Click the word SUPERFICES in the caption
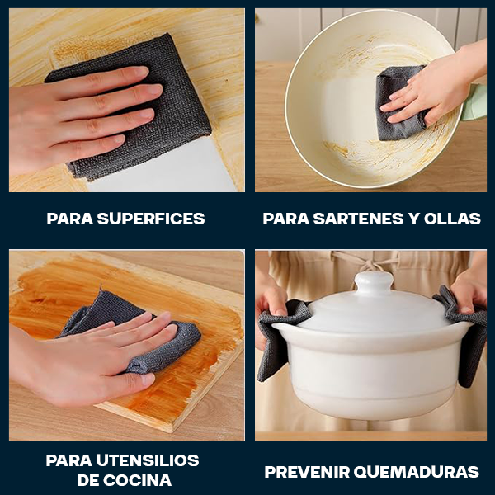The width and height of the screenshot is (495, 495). (x=151, y=219)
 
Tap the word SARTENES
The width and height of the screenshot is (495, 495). (x=358, y=219)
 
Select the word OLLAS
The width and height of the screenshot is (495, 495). (x=452, y=219)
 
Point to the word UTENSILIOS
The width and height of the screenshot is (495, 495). (x=148, y=460)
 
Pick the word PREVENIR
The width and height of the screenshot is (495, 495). (x=307, y=472)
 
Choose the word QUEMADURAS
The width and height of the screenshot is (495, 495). (x=417, y=472)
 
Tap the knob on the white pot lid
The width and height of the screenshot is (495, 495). (x=374, y=282)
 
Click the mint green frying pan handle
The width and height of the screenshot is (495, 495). (x=475, y=102)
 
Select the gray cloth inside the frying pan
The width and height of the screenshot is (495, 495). (x=398, y=104)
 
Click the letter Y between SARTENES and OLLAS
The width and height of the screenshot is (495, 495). (x=414, y=219)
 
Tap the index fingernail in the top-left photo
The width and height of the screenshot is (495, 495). (x=141, y=71)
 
